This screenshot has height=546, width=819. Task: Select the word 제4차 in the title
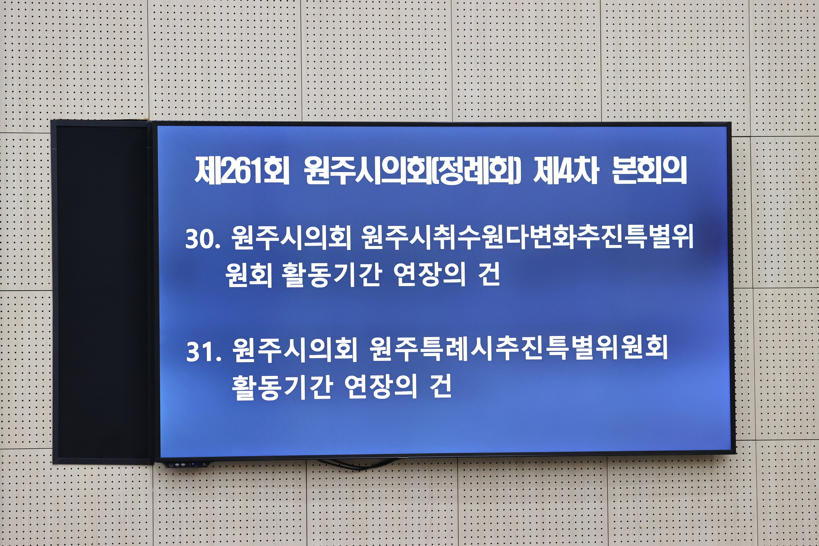(566, 171)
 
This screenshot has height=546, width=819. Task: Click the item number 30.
(203, 239)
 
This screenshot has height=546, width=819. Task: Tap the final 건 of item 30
(489, 275)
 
